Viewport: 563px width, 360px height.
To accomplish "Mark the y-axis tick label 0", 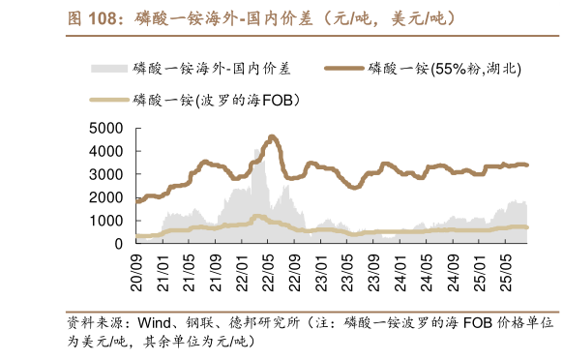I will pos(117,245).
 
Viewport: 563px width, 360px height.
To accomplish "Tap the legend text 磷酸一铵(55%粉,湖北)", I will pos(443,69).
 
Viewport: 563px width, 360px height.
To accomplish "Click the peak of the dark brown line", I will pos(272,136).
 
